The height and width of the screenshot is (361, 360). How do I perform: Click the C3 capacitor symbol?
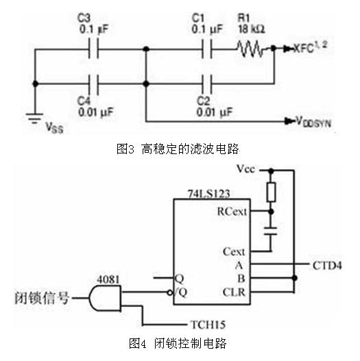coord(93,49)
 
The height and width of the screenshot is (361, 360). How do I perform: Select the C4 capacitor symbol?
coord(93,84)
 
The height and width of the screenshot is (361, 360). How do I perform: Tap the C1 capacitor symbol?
coord(207,49)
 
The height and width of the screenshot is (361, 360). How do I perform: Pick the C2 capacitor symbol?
coord(207,84)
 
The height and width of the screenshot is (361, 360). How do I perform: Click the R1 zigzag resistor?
coord(250,49)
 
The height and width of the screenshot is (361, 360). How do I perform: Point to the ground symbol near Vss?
coord(34,118)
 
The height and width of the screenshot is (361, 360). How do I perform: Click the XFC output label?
coord(310,48)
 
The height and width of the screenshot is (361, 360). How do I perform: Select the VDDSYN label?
coord(313,122)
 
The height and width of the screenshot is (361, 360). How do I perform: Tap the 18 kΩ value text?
coord(252,29)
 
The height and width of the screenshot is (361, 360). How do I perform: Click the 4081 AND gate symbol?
coord(105,298)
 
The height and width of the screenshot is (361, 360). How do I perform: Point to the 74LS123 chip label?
coord(209,193)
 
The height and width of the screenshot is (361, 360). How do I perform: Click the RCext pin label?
coord(232,212)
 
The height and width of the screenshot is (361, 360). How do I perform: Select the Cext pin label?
coord(234,251)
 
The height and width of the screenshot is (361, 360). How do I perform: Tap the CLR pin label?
coord(234,292)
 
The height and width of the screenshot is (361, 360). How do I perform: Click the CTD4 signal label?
coord(327,266)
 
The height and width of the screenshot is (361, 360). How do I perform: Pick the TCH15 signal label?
coord(208,325)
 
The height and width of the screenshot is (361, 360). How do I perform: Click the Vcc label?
coord(246,169)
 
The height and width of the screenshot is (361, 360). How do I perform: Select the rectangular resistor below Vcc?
coord(271,192)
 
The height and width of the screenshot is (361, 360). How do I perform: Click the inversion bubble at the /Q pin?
coord(170,292)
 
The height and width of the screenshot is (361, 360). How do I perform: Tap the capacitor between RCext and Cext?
coord(271,231)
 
